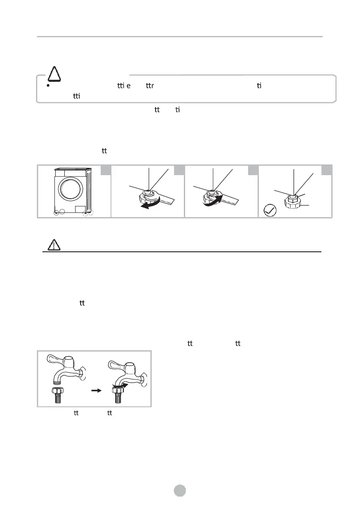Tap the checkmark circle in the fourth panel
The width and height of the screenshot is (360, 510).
point(270,211)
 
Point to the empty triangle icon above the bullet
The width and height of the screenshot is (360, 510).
point(54,74)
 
